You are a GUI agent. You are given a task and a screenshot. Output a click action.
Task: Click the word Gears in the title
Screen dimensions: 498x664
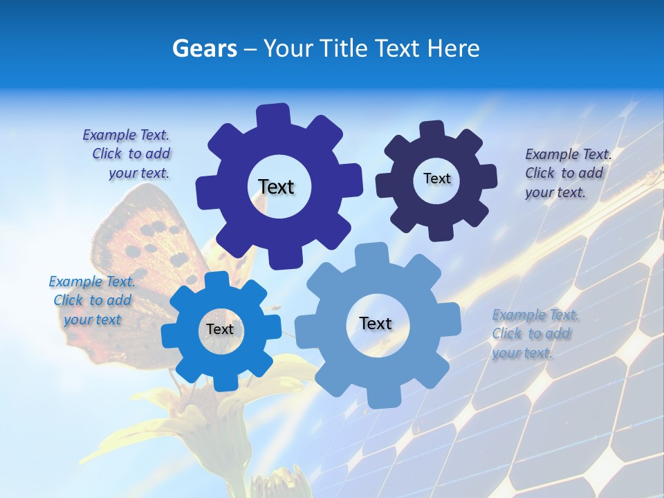pyautogui.click(x=204, y=48)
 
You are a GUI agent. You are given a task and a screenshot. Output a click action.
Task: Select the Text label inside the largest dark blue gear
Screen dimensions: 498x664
pyautogui.click(x=276, y=187)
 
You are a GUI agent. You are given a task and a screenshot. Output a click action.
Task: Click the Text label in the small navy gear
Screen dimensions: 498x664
pyautogui.click(x=436, y=178)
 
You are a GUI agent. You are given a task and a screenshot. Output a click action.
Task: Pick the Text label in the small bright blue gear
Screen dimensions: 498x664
pyautogui.click(x=220, y=329)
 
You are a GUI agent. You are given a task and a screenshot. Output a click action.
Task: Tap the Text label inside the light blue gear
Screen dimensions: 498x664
pyautogui.click(x=376, y=323)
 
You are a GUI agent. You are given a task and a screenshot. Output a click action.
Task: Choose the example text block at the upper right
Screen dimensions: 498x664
pyautogui.click(x=568, y=173)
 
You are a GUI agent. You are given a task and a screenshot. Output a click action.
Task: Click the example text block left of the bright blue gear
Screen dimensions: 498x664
pyautogui.click(x=92, y=300)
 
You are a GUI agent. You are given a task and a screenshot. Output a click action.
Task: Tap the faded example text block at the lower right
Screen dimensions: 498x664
pyautogui.click(x=534, y=333)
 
